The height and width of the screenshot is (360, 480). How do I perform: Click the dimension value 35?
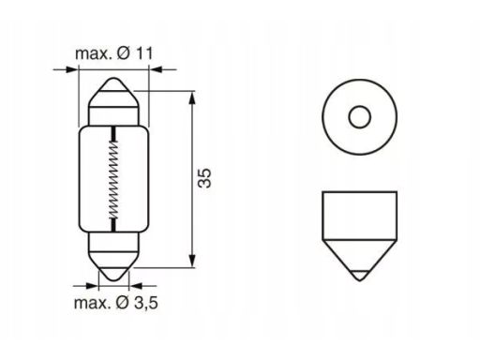[204, 178]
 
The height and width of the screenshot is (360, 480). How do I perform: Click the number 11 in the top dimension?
[144, 53]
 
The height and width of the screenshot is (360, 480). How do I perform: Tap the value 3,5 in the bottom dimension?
[146, 303]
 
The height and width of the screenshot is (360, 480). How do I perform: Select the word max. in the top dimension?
[93, 54]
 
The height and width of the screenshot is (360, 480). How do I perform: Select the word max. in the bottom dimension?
[92, 303]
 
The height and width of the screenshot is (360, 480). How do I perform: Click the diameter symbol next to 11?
[124, 53]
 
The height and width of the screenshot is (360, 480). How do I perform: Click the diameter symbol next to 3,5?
[123, 303]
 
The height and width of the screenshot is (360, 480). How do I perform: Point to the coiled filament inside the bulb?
[113, 180]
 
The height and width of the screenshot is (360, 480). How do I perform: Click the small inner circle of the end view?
[359, 117]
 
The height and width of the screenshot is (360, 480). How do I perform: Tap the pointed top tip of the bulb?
[113, 78]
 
